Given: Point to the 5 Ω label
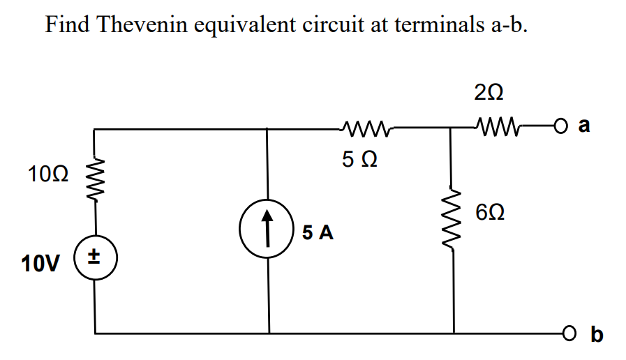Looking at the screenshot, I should pos(361,160).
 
